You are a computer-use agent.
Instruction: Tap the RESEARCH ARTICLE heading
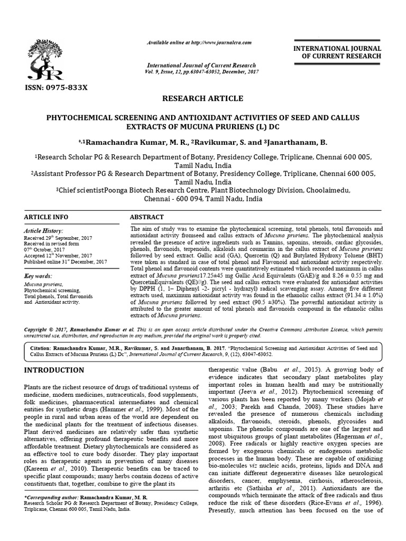point(202,99)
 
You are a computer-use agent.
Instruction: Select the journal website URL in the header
point(199,42)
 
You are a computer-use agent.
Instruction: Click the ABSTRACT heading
point(147,217)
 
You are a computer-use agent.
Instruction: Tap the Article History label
point(43,231)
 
